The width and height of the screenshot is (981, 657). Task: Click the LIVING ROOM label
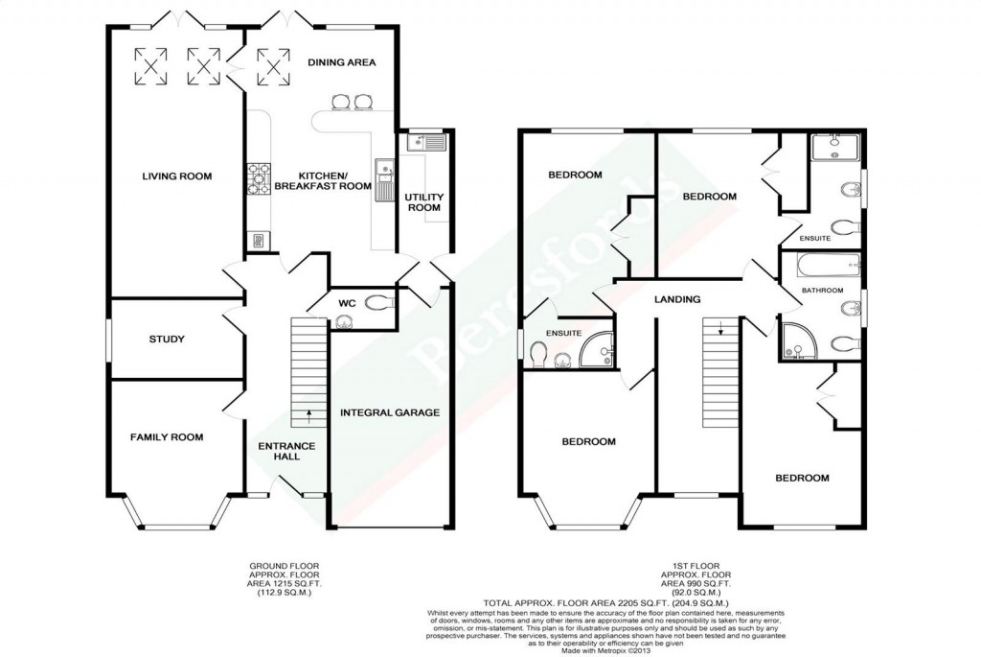176,176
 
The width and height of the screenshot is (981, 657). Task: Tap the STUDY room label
167,339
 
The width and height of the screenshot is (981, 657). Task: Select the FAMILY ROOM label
167,437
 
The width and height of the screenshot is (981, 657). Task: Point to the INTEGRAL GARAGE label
389,412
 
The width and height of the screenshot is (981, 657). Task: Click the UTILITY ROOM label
422,201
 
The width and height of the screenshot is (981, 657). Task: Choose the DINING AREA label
341,62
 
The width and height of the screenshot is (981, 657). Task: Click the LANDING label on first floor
677,299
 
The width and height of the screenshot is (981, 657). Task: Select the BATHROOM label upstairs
822,290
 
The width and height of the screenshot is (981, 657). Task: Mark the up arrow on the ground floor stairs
308,415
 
